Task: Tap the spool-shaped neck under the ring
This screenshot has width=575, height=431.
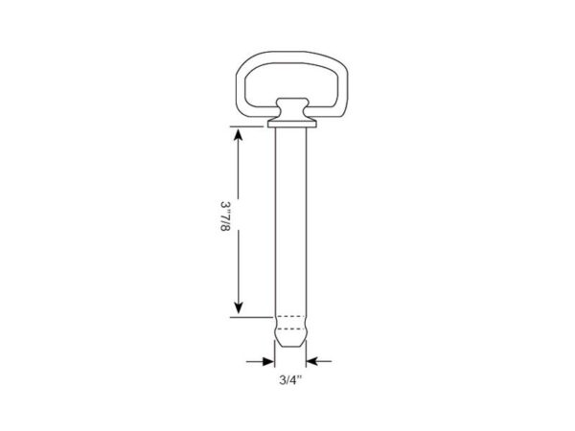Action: [x=291, y=109]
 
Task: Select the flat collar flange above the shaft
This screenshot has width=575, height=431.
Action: [x=292, y=124]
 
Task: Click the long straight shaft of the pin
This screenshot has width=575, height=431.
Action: [x=290, y=221]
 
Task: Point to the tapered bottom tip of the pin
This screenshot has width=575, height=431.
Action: [x=290, y=338]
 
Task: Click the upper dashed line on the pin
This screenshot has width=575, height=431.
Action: [x=290, y=316]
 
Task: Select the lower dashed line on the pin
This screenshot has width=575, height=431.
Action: [x=290, y=329]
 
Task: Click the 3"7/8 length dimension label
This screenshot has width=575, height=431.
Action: [x=225, y=215]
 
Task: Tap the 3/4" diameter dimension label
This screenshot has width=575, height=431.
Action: [x=290, y=380]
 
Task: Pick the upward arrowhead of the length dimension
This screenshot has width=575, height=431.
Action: [x=239, y=135]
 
